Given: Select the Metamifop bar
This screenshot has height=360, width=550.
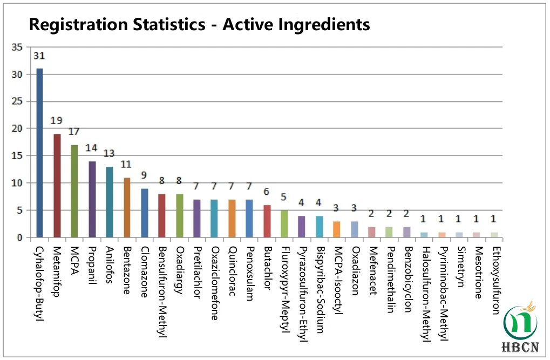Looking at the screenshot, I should point(57,186).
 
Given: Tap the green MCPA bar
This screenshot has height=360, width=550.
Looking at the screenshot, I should point(74,191).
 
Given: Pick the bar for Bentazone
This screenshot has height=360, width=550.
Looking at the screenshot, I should point(127,207).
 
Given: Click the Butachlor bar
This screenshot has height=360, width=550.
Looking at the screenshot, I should point(267,221).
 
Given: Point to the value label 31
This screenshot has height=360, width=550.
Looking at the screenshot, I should point(39,56).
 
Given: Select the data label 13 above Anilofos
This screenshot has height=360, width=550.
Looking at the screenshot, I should point(109,154).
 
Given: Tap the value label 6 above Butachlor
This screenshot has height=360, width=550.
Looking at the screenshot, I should point(267,192).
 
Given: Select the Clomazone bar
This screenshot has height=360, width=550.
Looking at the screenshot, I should point(145,213).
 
